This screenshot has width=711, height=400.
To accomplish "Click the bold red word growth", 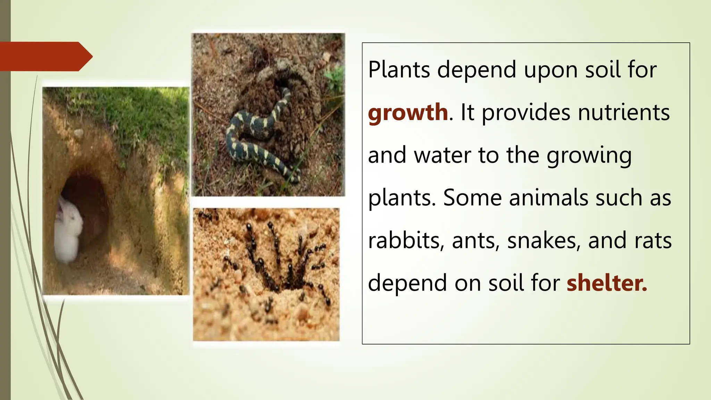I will tap(408, 113).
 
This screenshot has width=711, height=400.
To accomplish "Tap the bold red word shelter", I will tap(607, 283).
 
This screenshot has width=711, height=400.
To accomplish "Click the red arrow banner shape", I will tap(45, 56).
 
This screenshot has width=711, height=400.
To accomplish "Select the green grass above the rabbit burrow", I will tap(139, 111).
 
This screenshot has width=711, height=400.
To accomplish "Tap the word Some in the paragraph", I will tap(472, 198).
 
